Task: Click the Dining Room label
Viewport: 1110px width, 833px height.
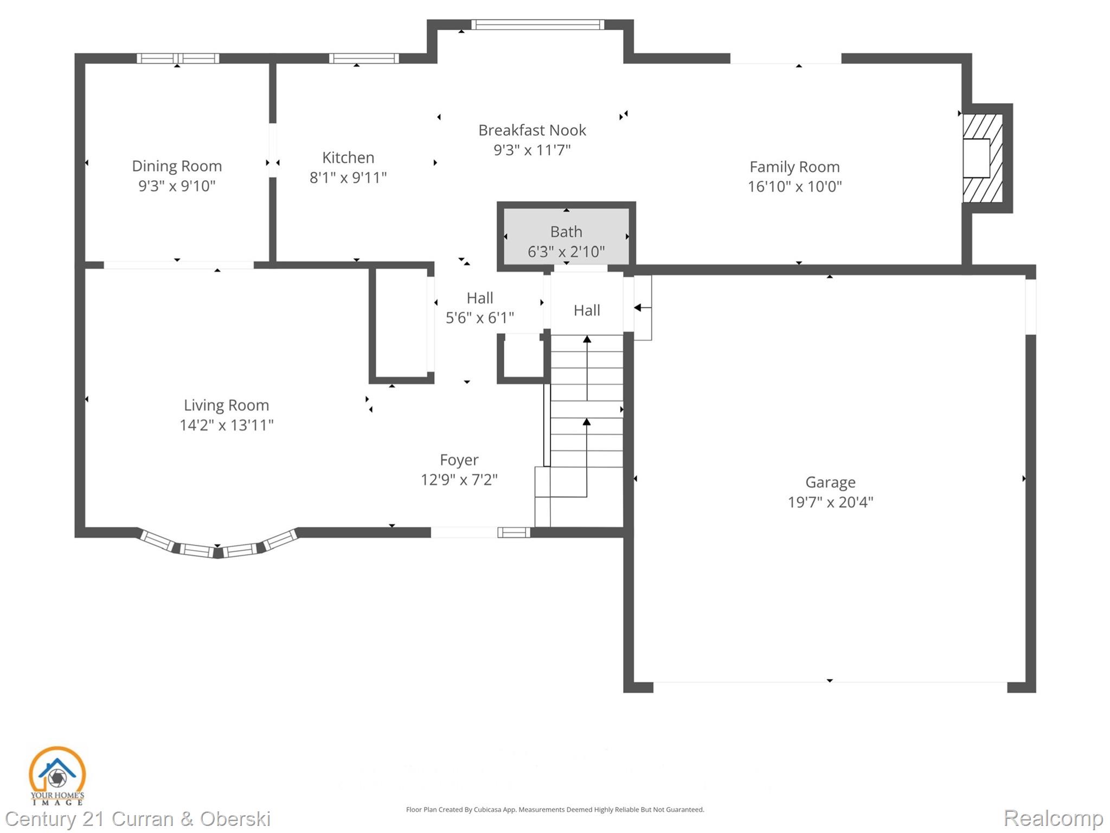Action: [177, 166]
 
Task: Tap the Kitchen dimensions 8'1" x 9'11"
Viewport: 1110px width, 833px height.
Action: [348, 177]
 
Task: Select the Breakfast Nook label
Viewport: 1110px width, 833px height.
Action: [532, 130]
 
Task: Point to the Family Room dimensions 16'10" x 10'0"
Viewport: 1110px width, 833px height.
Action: [794, 187]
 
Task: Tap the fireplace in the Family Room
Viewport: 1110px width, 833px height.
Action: [982, 158]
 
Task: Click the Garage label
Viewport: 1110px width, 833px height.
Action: [830, 482]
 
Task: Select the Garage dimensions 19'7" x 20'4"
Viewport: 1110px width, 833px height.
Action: [830, 502]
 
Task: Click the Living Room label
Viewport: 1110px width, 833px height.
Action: [226, 405]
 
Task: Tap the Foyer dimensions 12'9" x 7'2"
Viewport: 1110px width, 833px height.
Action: [459, 480]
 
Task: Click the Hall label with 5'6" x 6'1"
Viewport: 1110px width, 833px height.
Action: [480, 298]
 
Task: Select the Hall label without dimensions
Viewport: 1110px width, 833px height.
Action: [587, 310]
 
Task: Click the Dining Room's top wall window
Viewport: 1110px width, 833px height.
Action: [178, 59]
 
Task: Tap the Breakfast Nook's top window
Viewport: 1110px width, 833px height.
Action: [537, 24]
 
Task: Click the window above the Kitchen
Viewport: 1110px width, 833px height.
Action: [364, 59]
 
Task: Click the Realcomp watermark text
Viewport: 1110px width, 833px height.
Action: [1053, 818]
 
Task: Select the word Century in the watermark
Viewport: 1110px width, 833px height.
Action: [41, 818]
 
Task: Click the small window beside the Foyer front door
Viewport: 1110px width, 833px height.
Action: [514, 532]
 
